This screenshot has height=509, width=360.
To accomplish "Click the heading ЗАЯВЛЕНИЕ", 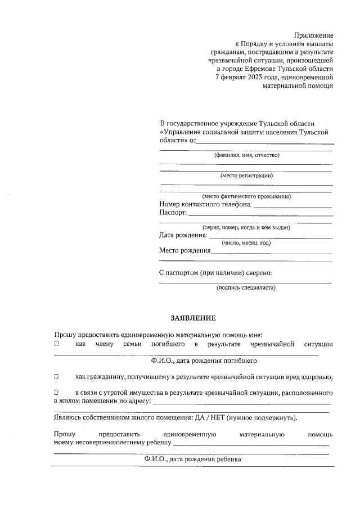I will [x=193, y=318].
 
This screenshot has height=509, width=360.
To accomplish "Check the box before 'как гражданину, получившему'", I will [x=57, y=376].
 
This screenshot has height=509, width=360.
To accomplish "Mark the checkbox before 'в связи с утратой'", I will [x=57, y=391].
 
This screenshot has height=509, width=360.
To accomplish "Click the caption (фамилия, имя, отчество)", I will [x=246, y=155].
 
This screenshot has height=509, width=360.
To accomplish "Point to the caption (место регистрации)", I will [x=246, y=175].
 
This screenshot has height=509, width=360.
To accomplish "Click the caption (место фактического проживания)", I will [x=246, y=196].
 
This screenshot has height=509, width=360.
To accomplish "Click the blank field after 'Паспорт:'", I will [x=260, y=214].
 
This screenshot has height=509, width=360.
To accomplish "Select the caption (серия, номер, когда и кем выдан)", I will [x=246, y=227].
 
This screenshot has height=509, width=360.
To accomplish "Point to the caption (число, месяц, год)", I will [x=246, y=243].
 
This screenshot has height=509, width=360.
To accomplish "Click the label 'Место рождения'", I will [x=184, y=251].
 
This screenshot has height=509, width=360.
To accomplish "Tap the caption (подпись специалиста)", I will [x=246, y=287].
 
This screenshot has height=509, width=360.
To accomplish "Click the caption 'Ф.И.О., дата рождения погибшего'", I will [x=204, y=360].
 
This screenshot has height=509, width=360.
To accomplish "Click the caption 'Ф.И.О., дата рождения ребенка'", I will [x=192, y=460].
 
